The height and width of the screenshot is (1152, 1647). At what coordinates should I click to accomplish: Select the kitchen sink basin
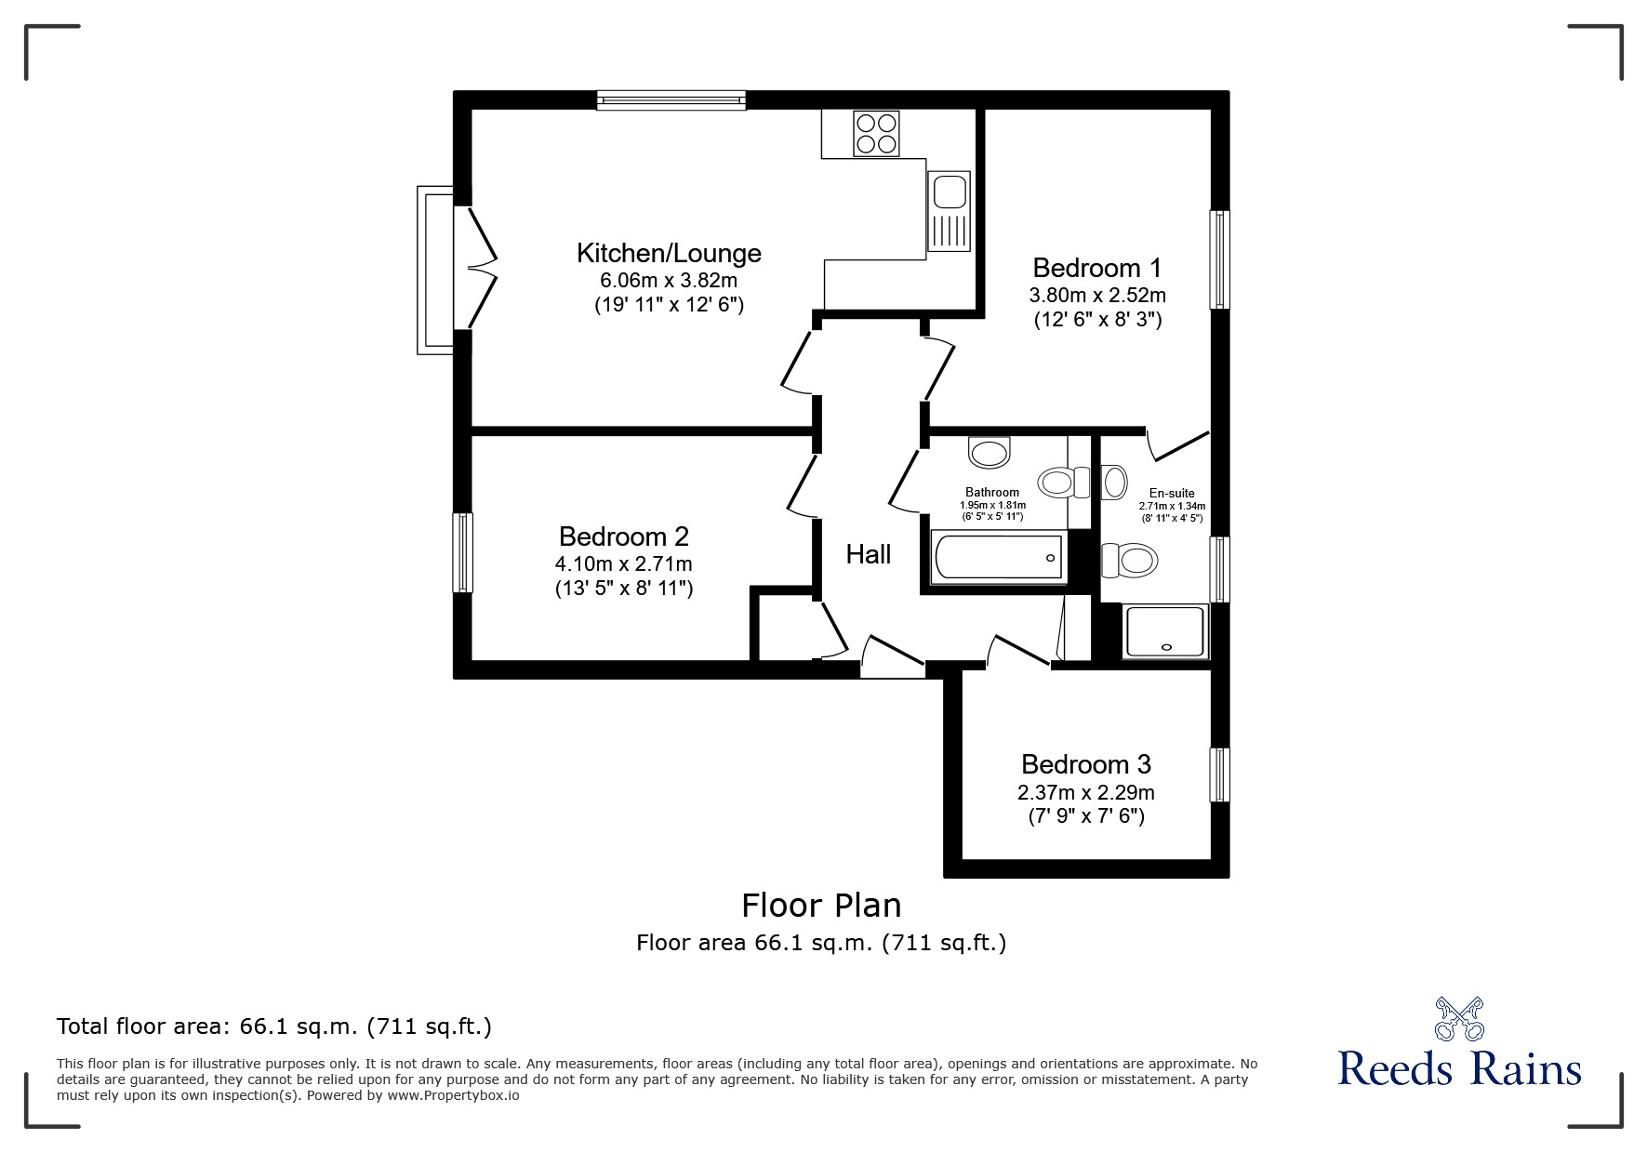pos(949,193)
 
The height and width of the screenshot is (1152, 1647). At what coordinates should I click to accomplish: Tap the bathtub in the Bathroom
pos(996,557)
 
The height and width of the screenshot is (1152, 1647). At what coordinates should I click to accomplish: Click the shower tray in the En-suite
pos(1165,630)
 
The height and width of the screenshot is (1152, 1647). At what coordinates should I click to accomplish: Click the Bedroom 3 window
pos(1218,775)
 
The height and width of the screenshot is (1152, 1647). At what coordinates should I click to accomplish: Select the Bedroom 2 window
pos(462,552)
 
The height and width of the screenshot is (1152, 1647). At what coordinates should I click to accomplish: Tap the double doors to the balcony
pos(480,268)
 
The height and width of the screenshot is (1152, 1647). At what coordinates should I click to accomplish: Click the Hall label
pos(868,555)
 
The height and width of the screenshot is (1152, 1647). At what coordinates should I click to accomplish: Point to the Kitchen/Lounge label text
pos(669,253)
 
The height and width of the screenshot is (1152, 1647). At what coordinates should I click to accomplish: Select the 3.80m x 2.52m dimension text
pos(1096,296)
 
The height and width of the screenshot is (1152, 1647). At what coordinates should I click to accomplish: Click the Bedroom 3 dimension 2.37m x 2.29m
pos(1085,792)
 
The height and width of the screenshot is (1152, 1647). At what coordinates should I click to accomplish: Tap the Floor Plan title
pos(820,905)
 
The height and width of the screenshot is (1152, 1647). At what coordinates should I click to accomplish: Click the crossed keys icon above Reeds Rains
pos(1458,1019)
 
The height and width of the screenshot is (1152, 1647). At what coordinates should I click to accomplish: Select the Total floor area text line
pos(273,1026)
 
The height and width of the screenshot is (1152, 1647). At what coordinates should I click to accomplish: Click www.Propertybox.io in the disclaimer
pos(453,1095)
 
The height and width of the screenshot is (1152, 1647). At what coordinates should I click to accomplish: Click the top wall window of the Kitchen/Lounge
pos(671,99)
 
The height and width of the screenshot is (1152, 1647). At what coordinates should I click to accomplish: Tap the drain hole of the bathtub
pos(1051,558)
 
